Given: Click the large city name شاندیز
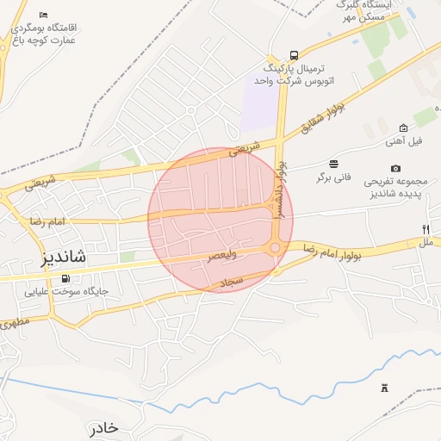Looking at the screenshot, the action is tap(75, 258).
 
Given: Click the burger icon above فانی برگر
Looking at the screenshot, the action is tap(333, 164).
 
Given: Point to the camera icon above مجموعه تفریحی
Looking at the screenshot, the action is tap(395, 169).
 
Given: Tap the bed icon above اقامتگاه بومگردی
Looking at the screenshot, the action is tap(44, 16).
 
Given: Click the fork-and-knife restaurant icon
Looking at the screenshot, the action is tap(425, 230).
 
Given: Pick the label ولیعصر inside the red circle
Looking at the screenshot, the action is tap(223, 256).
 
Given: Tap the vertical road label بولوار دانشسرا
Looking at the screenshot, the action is tap(279, 189).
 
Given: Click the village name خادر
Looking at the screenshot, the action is tap(102, 428).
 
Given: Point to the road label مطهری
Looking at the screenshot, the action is tap(14, 326).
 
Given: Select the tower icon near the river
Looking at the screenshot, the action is tap(384, 388).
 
